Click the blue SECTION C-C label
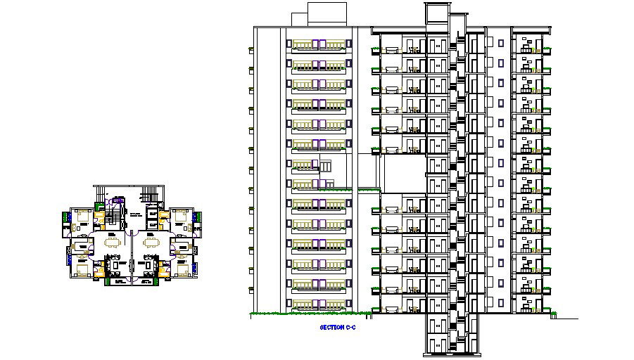click(334, 328)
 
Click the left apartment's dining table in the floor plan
click(113, 242)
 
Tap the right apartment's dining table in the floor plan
click(151, 242)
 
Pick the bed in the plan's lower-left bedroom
click(83, 268)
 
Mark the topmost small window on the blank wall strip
click(501, 43)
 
